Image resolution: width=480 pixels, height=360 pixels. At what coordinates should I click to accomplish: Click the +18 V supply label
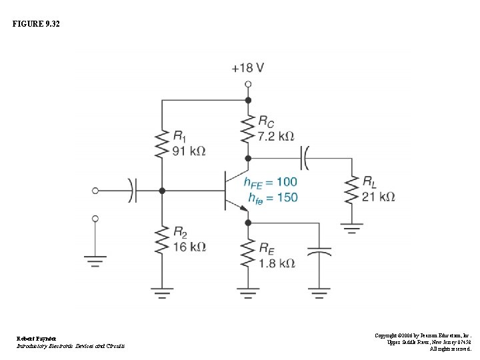(248, 68)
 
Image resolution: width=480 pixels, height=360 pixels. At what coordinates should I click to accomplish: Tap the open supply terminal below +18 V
(248, 85)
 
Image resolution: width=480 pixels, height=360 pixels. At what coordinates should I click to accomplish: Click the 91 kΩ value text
(189, 151)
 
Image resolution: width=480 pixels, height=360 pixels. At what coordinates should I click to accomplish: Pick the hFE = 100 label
(270, 182)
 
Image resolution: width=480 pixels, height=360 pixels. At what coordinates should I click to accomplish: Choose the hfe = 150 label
(272, 197)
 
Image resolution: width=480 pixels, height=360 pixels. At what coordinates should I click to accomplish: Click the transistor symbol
(235, 191)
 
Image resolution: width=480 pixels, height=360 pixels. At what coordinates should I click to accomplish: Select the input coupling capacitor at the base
(133, 191)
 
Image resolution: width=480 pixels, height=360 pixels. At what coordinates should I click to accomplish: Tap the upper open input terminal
(95, 191)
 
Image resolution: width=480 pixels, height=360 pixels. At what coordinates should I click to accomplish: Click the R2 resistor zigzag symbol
(161, 240)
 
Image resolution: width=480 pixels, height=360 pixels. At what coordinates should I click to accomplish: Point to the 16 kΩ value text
(189, 247)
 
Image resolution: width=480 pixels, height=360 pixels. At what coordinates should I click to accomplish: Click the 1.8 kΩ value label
(276, 263)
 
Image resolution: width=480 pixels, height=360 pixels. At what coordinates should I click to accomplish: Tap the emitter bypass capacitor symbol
(321, 253)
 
